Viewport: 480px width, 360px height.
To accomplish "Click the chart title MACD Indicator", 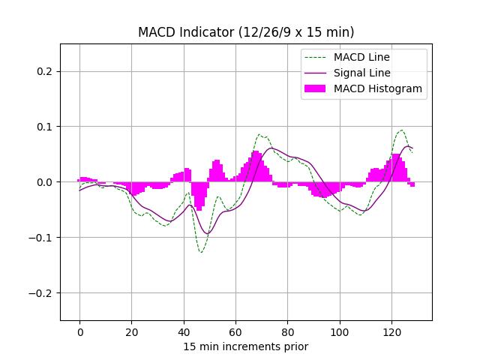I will [x=246, y=32].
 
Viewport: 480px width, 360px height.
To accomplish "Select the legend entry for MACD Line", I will [x=361, y=57].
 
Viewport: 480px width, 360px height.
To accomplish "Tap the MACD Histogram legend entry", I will [x=377, y=88].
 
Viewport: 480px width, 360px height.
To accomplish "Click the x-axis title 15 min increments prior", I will [x=246, y=346].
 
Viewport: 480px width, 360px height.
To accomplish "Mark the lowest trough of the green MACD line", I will [x=201, y=252].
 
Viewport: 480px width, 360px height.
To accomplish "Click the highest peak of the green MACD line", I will [x=402, y=130].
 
